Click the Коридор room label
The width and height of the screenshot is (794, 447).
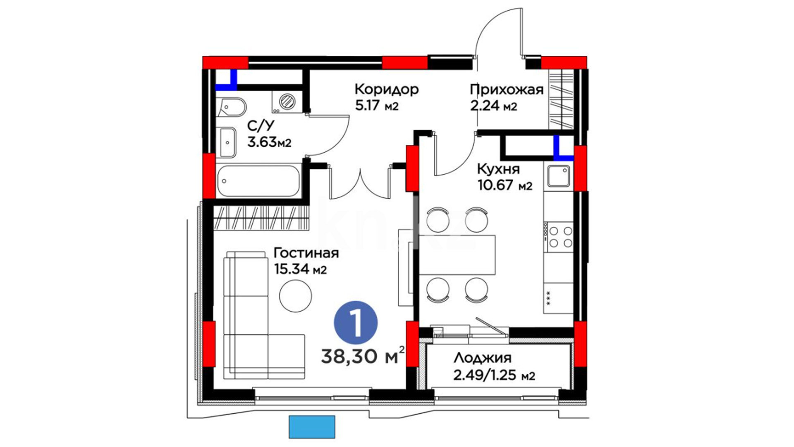pos(387,89)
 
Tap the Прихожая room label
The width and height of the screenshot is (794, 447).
pos(507,89)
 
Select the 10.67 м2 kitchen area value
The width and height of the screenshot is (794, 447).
pos(505,185)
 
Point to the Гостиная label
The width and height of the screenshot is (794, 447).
pos(306,253)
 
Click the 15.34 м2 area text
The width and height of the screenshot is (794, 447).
pos(300,269)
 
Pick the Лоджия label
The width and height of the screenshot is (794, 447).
pos(483,358)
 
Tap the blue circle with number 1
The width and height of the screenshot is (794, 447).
pos(356,323)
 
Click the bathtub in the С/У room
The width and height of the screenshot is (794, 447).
pos(258,181)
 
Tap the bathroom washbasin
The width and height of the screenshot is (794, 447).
pos(227,142)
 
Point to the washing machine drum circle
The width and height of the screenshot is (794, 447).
pos(287,101)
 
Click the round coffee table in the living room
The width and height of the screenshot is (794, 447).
pos(295,296)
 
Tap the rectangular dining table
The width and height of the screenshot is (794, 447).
pos(457,255)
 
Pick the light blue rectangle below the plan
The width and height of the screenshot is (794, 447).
pos(312,427)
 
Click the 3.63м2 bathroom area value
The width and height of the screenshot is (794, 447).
pos(269,142)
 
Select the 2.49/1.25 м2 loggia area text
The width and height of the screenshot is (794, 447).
pos(494,375)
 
